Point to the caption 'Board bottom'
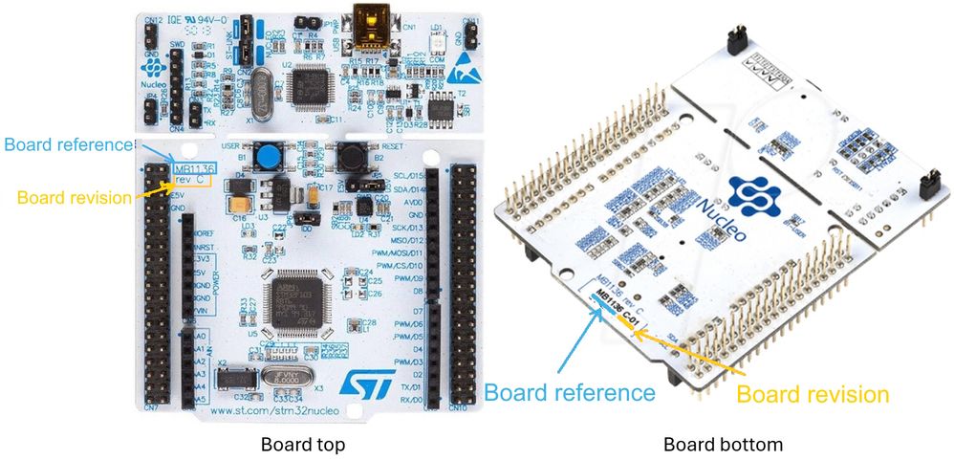click(723, 445)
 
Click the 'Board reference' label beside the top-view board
click(67, 144)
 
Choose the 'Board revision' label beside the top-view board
click(75, 197)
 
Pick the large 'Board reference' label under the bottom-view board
click(570, 392)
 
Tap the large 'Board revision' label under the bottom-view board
click(813, 394)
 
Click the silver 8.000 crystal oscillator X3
click(283, 379)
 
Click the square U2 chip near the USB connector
click(320, 79)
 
